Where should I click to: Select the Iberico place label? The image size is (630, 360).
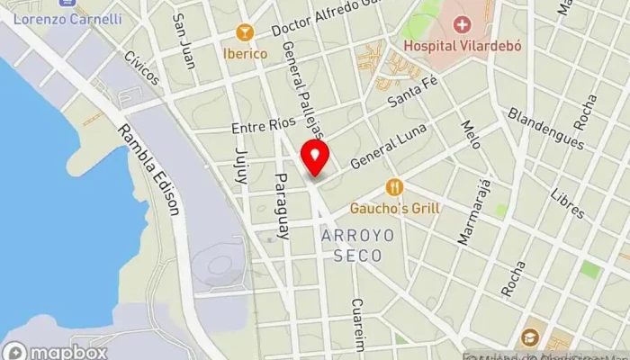pyautogui.click(x=245, y=53)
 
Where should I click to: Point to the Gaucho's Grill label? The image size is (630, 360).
pyautogui.click(x=396, y=208)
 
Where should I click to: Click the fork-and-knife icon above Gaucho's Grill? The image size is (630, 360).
pyautogui.click(x=394, y=187)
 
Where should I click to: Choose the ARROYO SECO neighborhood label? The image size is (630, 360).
pyautogui.click(x=351, y=244)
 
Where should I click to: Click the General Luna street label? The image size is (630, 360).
pyautogui.click(x=386, y=152)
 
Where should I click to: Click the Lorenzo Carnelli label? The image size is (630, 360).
pyautogui.click(x=68, y=19)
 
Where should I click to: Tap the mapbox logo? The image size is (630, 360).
pyautogui.click(x=56, y=351)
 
